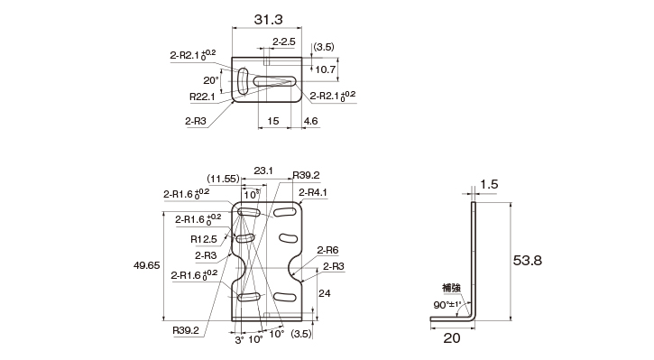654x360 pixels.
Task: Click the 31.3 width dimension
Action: (268, 19)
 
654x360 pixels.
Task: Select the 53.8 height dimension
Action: (527, 261)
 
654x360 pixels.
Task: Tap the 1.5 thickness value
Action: (489, 184)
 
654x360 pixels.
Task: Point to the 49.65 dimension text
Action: (147, 265)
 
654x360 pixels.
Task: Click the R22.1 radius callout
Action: (202, 97)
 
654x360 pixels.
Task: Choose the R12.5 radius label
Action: (204, 239)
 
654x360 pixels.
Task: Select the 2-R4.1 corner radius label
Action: (313, 192)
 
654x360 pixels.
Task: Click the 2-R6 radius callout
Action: (327, 250)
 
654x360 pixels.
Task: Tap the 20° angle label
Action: (211, 80)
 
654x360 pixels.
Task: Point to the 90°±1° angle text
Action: (447, 305)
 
